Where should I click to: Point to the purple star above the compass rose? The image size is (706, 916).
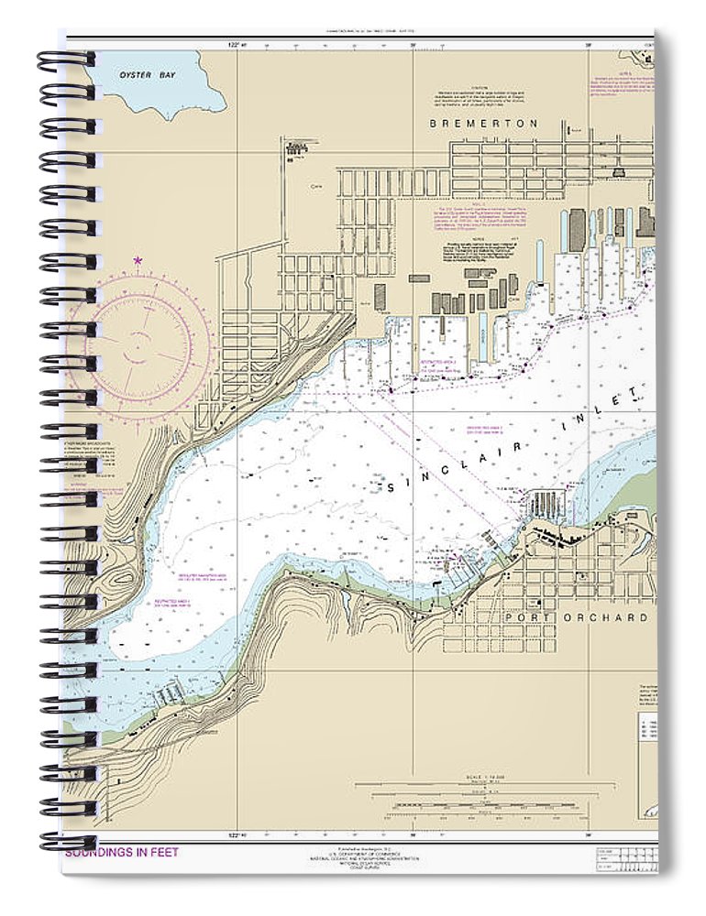138,261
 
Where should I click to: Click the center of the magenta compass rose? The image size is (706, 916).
138,343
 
